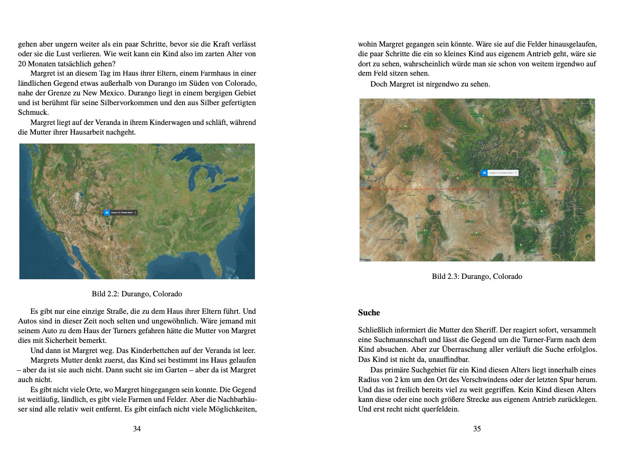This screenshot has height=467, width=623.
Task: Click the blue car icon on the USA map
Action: (107, 213)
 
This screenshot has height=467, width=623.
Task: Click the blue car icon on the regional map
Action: (484, 173)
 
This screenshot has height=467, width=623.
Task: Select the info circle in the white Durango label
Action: (516, 173)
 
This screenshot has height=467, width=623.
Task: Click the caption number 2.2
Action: (112, 294)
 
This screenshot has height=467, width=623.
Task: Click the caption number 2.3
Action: (452, 277)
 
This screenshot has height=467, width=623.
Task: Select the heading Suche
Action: (369, 313)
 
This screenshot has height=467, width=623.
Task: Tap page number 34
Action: (137, 429)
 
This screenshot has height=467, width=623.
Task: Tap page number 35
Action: (477, 429)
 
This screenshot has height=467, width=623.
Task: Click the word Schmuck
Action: (33, 112)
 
